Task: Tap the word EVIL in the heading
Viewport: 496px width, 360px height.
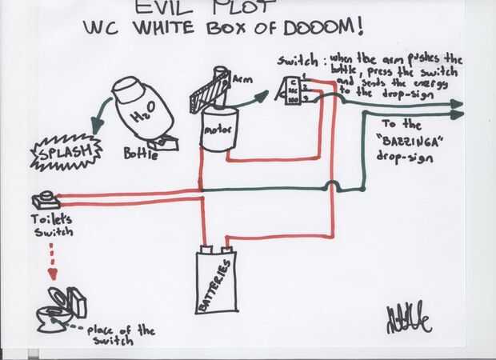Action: point(162,7)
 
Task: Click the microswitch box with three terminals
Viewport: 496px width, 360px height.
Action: point(290,90)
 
